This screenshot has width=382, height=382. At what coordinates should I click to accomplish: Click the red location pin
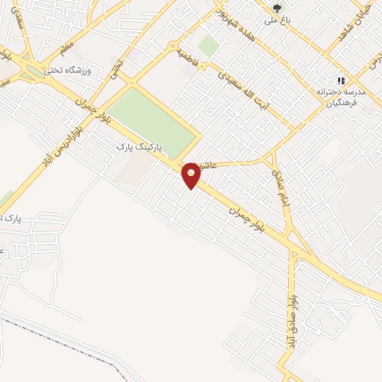(x=191, y=175)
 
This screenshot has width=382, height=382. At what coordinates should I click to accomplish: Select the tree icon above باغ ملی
(x=278, y=10)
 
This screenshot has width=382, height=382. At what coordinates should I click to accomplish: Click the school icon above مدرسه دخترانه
(x=341, y=81)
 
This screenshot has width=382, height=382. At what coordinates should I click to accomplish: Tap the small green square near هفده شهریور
(x=209, y=46)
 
